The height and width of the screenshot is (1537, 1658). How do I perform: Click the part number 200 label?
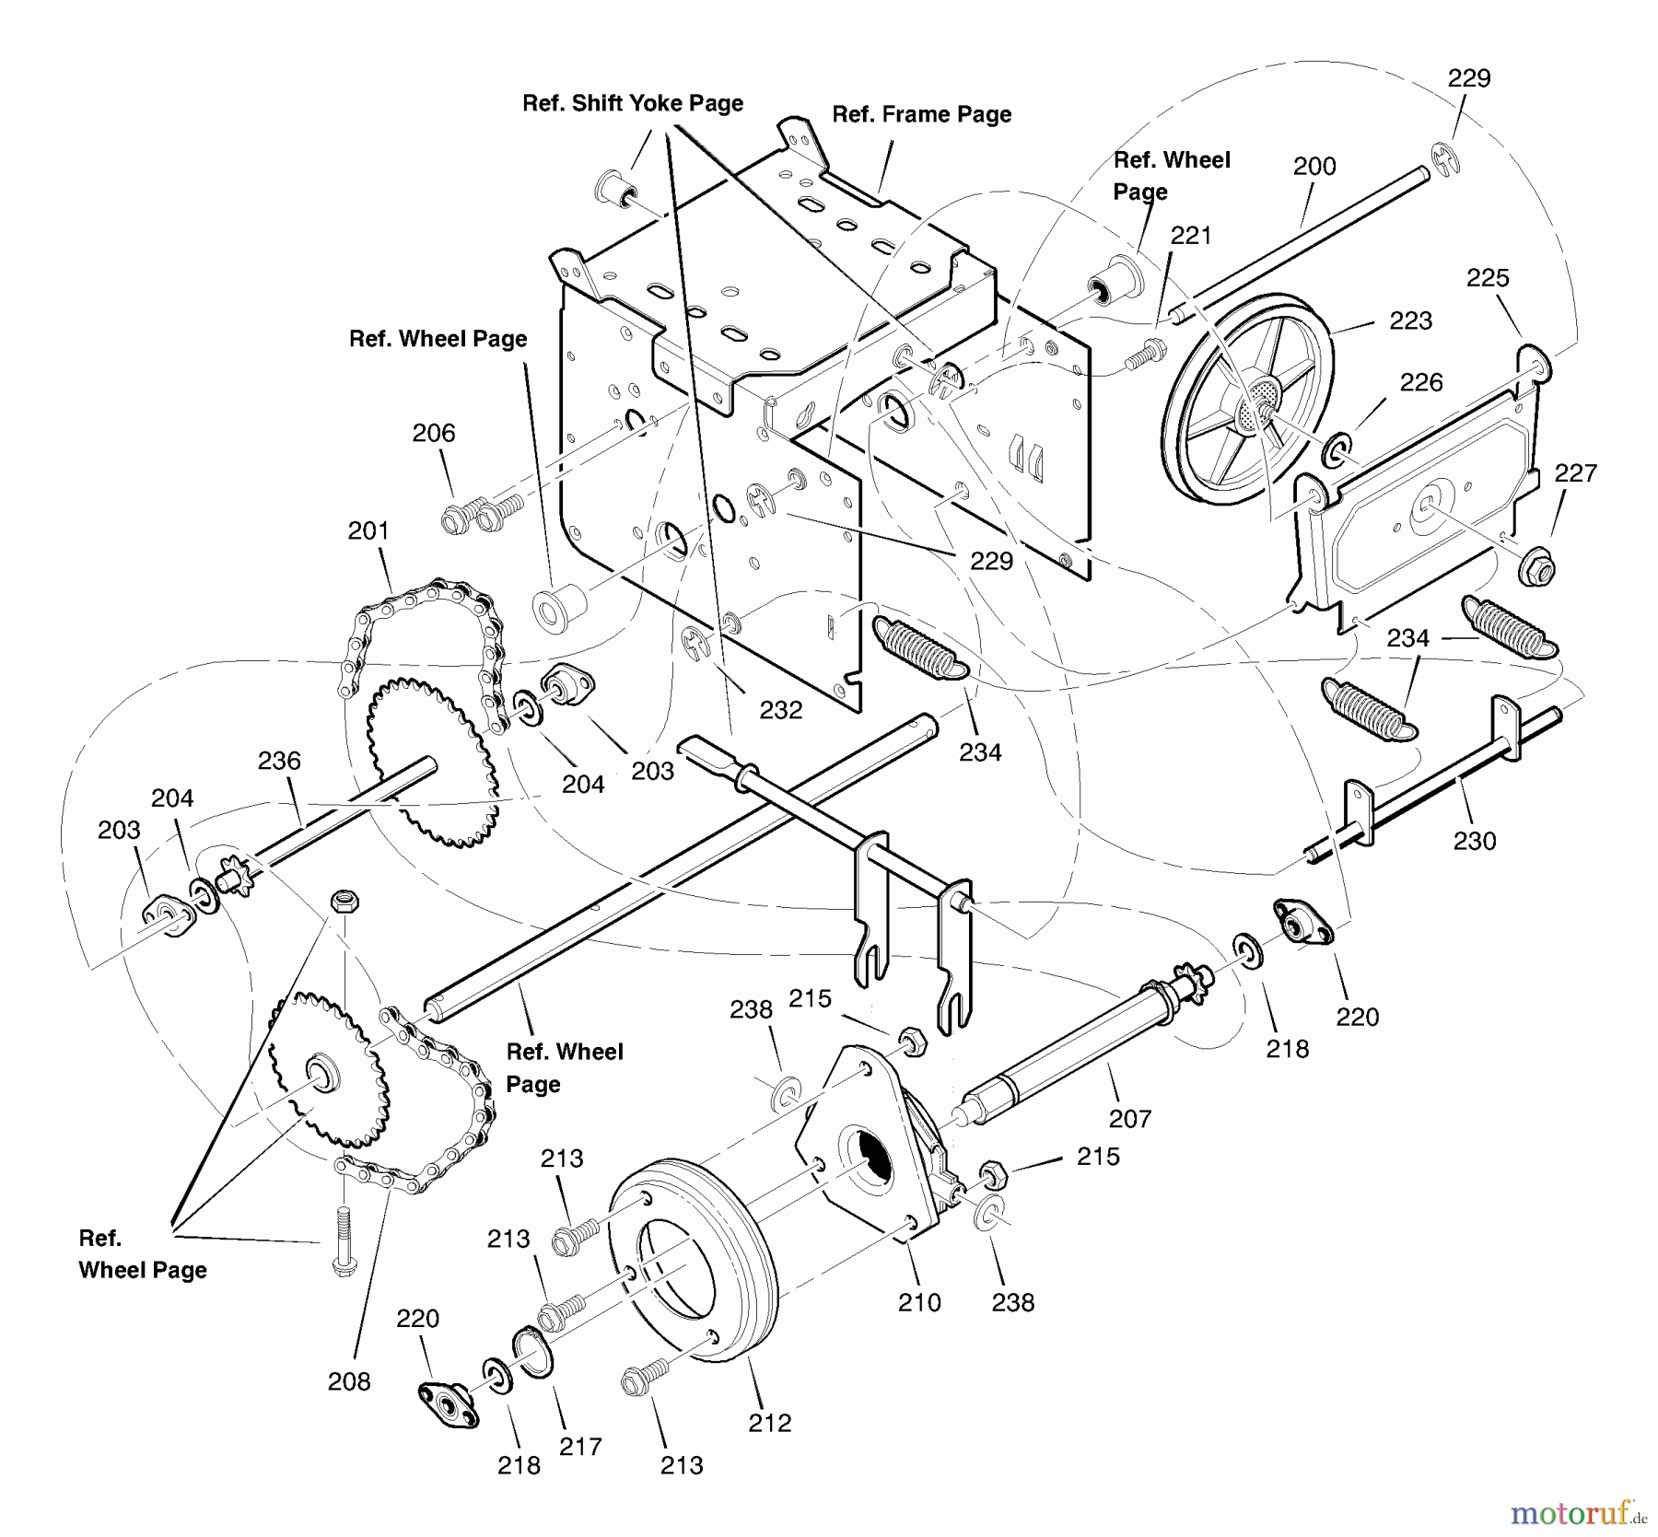1314,167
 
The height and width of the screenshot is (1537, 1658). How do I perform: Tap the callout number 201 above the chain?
368,531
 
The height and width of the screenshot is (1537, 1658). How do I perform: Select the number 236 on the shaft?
279,761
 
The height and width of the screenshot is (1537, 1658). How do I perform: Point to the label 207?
1130,1119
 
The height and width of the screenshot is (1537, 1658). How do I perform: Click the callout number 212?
769,1423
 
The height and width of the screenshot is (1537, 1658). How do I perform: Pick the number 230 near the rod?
1474,841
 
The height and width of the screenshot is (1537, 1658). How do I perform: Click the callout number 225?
1488,278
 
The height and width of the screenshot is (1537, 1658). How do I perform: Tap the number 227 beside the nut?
1575,473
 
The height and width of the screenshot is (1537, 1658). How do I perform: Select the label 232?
780,710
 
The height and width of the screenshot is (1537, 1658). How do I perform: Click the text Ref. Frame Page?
921,114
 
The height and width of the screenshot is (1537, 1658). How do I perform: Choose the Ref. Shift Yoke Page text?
632,103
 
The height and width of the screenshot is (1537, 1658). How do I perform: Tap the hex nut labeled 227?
1535,566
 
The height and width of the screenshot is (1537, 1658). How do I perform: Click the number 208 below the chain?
349,1381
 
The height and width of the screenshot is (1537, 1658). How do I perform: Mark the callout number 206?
433,433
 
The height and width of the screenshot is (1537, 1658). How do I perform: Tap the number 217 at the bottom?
580,1447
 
